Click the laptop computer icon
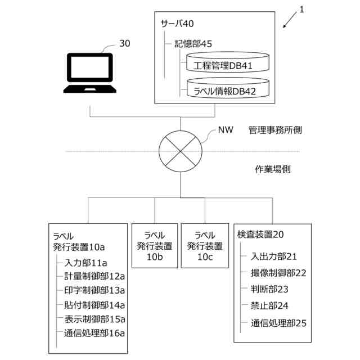[89, 73]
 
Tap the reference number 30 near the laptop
[125, 43]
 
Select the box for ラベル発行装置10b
[154, 246]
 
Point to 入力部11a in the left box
[86, 262]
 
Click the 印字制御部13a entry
[94, 290]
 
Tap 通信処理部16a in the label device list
[94, 333]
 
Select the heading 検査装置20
[260, 234]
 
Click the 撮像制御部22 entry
[278, 273]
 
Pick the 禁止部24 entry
[269, 306]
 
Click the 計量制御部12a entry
[94, 276]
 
